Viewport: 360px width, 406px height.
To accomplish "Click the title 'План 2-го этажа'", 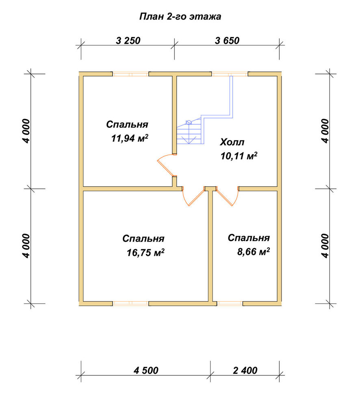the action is tap(180, 17).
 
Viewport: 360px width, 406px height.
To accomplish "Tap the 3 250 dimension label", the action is tap(128, 41).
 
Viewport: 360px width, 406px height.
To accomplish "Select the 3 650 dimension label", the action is tap(227, 41).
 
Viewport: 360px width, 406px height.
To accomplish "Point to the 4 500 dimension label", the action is tap(146, 370).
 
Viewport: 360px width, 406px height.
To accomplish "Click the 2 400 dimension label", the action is tap(245, 370).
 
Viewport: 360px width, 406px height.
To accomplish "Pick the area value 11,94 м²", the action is tap(130, 138).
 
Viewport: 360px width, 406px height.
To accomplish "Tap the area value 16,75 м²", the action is tap(145, 252).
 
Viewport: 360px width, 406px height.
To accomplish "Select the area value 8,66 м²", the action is tap(254, 251).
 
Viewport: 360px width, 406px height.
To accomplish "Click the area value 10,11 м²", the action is tap(239, 155).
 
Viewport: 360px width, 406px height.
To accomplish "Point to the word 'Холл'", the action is tap(232, 142).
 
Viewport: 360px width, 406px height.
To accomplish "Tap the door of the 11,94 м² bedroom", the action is tap(166, 165).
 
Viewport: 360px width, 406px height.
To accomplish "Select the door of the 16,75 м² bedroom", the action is tap(193, 196).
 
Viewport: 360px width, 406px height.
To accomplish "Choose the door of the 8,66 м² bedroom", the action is tap(228, 196).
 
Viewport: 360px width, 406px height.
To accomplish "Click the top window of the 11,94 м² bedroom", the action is tap(130, 74).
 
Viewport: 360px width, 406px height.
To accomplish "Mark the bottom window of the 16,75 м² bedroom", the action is tap(130, 303).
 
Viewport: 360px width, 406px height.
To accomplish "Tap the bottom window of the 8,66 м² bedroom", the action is tap(230, 303).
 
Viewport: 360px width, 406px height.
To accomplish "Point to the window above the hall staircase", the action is tap(230, 74).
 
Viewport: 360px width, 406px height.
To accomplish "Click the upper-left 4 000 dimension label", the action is tap(26, 131).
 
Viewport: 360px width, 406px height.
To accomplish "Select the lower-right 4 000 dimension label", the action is tap(325, 246).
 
